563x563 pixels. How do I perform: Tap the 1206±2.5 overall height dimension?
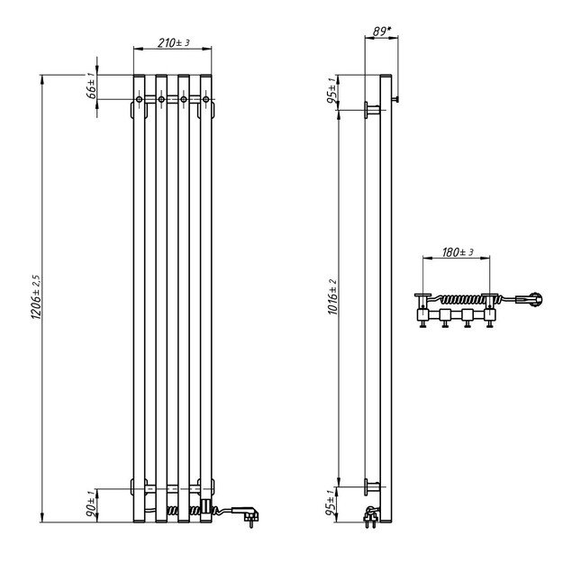36,298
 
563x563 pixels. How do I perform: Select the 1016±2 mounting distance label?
331,298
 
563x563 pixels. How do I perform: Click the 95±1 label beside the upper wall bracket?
331,93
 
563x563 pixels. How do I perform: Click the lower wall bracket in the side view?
370,486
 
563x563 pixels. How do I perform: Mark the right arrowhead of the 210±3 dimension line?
213,49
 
